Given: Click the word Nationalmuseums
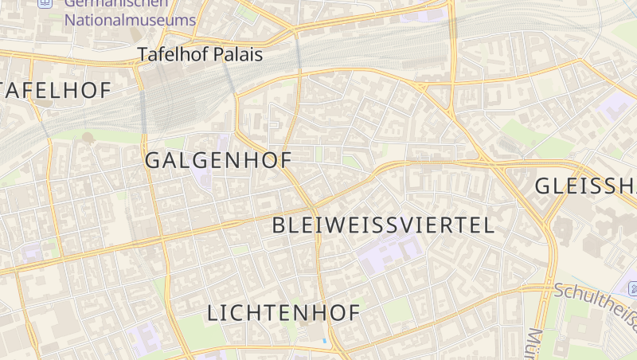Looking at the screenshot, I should pos(130,20).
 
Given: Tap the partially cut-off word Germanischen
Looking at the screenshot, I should pos(119,3).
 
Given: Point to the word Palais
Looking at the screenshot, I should pos(236,55).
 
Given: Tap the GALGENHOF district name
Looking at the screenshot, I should pos(218,160).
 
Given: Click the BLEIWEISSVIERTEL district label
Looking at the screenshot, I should pos(383,225).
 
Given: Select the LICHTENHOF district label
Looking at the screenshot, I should pos(283,313).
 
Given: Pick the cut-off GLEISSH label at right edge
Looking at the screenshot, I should pos(585,186).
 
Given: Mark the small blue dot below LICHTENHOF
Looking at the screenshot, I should pos(325,342).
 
